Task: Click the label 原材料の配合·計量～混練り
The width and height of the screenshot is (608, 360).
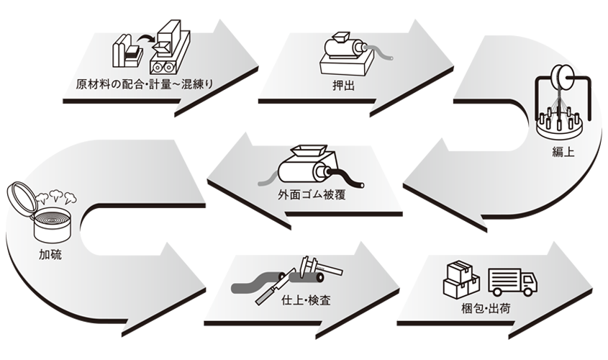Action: click(x=144, y=84)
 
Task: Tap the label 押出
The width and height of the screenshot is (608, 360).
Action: click(x=343, y=86)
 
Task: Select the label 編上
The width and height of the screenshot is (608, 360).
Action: click(x=563, y=151)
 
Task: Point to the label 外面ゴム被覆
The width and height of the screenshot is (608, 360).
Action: click(x=312, y=194)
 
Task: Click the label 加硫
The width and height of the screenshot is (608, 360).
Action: click(x=50, y=254)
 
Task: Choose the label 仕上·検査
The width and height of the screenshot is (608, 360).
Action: click(x=306, y=300)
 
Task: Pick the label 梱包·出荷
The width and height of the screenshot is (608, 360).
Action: click(x=486, y=309)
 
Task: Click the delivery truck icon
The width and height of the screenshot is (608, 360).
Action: click(x=512, y=282)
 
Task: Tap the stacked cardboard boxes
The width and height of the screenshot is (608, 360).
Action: click(x=461, y=279)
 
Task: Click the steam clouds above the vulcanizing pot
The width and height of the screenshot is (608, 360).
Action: click(x=56, y=197)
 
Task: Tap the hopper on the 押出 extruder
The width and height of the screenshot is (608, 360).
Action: click(x=337, y=37)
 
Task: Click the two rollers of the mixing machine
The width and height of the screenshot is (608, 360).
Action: click(x=162, y=68)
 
